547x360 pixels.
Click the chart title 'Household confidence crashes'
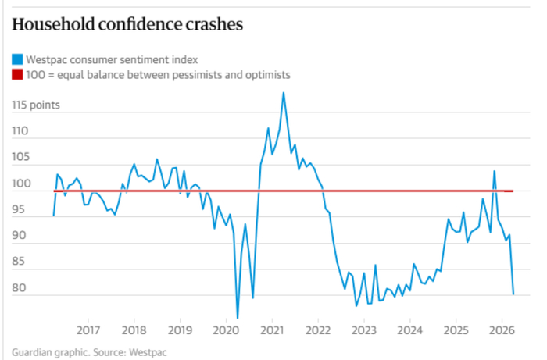(127, 24)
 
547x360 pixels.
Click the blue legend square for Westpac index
(16, 59)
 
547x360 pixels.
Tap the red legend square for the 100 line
(16, 75)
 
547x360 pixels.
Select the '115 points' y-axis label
(36, 105)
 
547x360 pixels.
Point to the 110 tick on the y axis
(20, 131)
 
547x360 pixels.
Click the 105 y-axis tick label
(20, 158)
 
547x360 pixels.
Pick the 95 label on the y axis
(20, 210)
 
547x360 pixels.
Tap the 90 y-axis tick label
(20, 236)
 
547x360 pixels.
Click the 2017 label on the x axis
(88, 330)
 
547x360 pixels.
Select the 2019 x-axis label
(180, 330)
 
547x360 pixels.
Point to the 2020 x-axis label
(226, 330)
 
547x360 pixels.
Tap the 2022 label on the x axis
(318, 330)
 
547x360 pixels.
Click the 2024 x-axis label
(409, 330)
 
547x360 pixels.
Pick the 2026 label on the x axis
(501, 330)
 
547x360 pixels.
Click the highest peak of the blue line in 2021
(283, 93)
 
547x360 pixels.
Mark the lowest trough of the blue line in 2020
(238, 318)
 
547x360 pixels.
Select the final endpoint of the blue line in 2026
(513, 294)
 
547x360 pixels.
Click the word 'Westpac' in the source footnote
(148, 352)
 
